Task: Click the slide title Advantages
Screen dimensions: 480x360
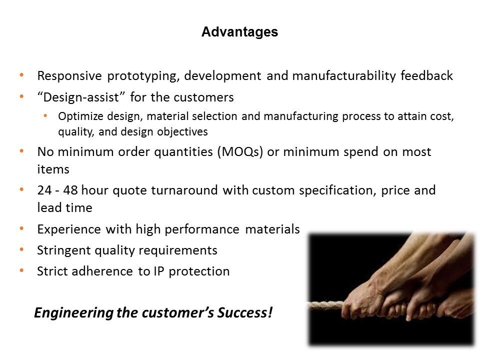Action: coord(239,32)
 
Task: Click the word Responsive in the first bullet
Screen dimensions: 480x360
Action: coord(69,76)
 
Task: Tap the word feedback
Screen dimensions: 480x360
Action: coord(426,75)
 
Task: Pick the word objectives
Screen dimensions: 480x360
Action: coord(182,131)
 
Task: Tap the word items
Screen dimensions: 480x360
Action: coord(53,169)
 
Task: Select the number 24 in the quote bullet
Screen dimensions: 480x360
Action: coord(44,190)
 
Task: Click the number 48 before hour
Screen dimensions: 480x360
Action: coord(70,190)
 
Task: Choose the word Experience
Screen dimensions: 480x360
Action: coord(69,229)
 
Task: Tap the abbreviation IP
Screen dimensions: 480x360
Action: coord(158,271)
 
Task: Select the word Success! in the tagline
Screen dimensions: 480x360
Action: coord(244,312)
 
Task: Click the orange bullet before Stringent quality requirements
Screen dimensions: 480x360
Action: coord(21,250)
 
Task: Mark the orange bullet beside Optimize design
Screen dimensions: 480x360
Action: coord(45,115)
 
